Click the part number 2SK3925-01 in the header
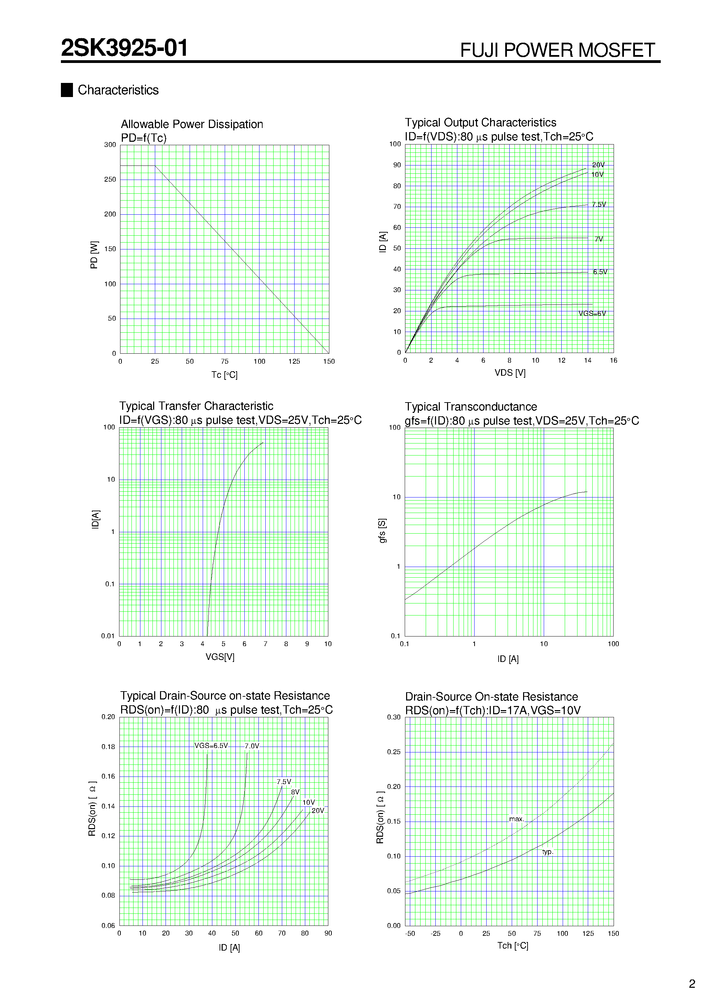click(x=125, y=48)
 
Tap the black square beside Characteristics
click(x=67, y=90)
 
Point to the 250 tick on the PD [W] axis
click(x=110, y=180)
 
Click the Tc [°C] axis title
click(x=224, y=375)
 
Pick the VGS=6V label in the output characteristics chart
click(x=592, y=314)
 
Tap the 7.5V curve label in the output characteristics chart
click(x=598, y=205)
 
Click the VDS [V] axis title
click(x=510, y=373)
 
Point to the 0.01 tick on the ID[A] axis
click(x=108, y=636)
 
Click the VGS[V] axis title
click(x=220, y=657)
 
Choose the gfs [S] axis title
click(x=382, y=531)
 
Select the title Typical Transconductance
click(x=470, y=407)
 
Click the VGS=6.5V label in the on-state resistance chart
click(x=211, y=746)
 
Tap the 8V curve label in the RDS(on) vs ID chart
click(x=295, y=792)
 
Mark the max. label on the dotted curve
click(x=516, y=819)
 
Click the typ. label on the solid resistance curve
click(x=548, y=852)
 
